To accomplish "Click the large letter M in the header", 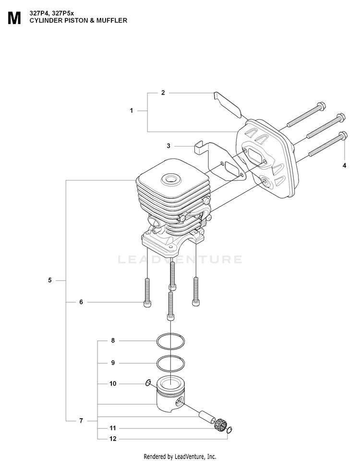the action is [14, 19].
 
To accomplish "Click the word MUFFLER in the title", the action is [112, 21].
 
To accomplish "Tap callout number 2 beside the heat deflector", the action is [163, 93].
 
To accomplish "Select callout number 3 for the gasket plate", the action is [168, 146].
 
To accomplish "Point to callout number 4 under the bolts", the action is [345, 166].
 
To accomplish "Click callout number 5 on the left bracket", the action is [50, 280].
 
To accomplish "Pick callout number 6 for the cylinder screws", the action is [81, 302].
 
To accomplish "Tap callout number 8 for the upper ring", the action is [113, 341].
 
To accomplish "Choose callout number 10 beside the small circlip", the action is [113, 384].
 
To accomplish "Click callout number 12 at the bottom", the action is [113, 439].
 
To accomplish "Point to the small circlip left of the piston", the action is [148, 383].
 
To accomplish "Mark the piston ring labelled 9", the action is [170, 364].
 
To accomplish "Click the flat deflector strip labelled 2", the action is [227, 104].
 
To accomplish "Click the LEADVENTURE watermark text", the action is [180, 259].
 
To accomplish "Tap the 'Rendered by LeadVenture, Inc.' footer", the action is [180, 457].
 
